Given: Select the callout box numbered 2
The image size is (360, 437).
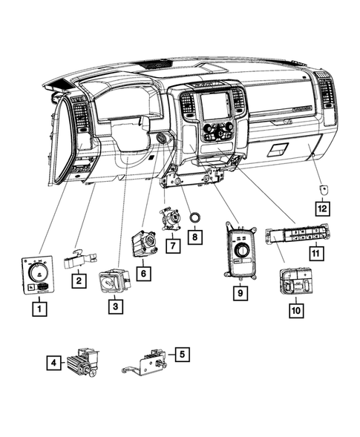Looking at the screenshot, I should click(77, 280).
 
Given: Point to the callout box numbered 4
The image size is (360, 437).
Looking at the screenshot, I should click(53, 363).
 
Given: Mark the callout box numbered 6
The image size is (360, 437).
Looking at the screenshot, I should click(144, 273).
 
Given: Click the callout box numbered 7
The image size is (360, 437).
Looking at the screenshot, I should click(172, 243).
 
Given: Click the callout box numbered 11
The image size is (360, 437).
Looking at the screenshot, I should click(317, 253).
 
